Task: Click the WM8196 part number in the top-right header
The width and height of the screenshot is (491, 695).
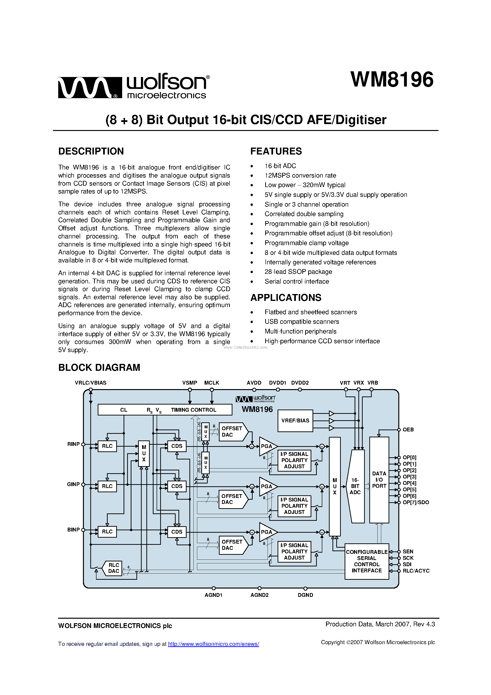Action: tap(392, 80)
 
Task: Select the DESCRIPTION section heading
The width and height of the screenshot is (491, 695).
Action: tap(91, 151)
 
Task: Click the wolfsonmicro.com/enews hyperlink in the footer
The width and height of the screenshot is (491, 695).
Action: tap(213, 644)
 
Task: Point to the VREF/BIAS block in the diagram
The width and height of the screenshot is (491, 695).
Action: tap(295, 420)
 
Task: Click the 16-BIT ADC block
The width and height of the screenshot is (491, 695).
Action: tap(355, 486)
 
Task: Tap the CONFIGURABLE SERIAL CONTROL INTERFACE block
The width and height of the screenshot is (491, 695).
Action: tap(366, 561)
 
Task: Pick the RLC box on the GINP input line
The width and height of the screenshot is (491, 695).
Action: tap(107, 486)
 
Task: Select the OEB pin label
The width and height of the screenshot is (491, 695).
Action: tap(408, 430)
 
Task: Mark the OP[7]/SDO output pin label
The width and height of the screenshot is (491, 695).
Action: tap(416, 502)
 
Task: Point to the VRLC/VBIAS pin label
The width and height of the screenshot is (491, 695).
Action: tap(91, 383)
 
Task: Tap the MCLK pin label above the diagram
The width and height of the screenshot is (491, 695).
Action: tap(212, 383)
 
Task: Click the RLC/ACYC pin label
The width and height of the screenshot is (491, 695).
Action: tap(416, 571)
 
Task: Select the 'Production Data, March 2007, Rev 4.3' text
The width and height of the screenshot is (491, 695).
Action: tap(380, 624)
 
